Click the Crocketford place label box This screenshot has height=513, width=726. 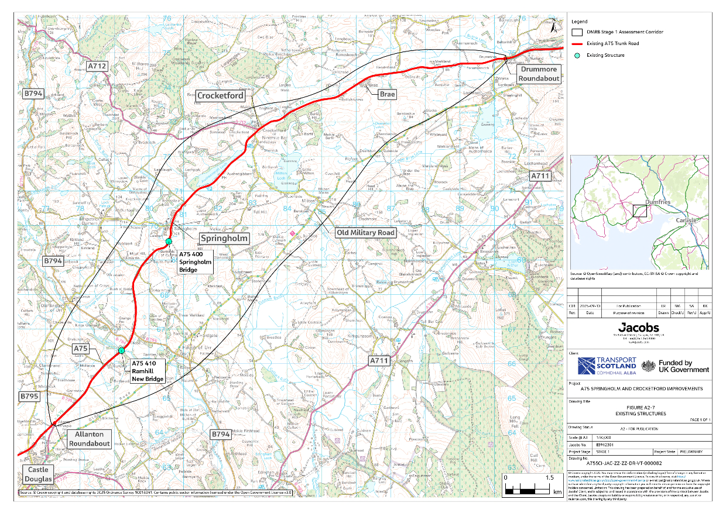pyautogui.click(x=220, y=96)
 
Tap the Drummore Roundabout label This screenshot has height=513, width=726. pyautogui.click(x=538, y=74)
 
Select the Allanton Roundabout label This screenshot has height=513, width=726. pyautogui.click(x=89, y=439)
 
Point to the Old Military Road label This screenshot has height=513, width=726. pyautogui.click(x=365, y=232)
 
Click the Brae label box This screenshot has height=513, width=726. pyautogui.click(x=387, y=94)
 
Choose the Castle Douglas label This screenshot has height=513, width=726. pyautogui.click(x=38, y=474)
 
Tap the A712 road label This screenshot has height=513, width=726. pyautogui.click(x=97, y=67)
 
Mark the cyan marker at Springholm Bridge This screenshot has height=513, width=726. pyautogui.click(x=169, y=242)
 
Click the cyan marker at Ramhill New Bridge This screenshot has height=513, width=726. pyautogui.click(x=121, y=350)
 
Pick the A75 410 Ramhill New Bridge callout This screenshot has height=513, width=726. pyautogui.click(x=148, y=371)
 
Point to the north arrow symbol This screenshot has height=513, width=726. pyautogui.click(x=554, y=25)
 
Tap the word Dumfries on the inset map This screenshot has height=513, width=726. pyautogui.click(x=657, y=202)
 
